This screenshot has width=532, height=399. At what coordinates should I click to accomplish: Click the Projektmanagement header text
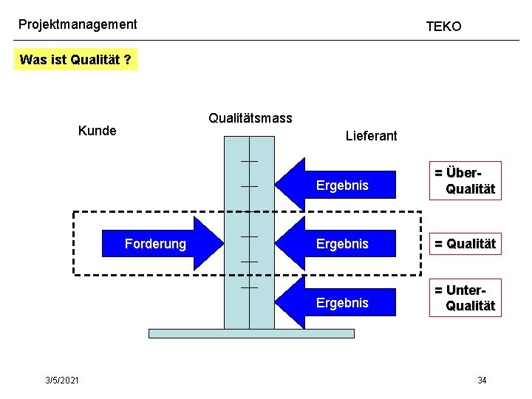click(78, 24)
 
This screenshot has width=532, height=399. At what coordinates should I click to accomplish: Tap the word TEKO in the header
click(443, 27)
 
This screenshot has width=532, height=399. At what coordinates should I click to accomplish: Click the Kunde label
click(97, 131)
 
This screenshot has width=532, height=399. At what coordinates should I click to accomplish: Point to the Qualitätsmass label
click(250, 118)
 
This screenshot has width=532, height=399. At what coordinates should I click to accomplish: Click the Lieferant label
click(371, 136)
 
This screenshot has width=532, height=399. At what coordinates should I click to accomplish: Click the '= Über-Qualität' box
click(465, 181)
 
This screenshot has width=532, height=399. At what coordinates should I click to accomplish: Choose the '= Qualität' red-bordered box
click(465, 244)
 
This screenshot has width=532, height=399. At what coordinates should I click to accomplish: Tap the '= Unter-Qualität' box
click(465, 298)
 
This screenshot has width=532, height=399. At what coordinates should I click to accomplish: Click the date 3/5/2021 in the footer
click(61, 380)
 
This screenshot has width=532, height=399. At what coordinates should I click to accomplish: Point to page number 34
click(482, 380)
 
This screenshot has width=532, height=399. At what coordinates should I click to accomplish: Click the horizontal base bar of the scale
click(251, 333)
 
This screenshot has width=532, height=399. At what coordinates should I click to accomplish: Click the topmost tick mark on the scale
click(249, 161)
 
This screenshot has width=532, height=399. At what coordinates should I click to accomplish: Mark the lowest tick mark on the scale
click(249, 287)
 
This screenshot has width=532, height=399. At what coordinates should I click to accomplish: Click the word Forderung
click(155, 244)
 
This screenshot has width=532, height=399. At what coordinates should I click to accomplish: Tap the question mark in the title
click(128, 61)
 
